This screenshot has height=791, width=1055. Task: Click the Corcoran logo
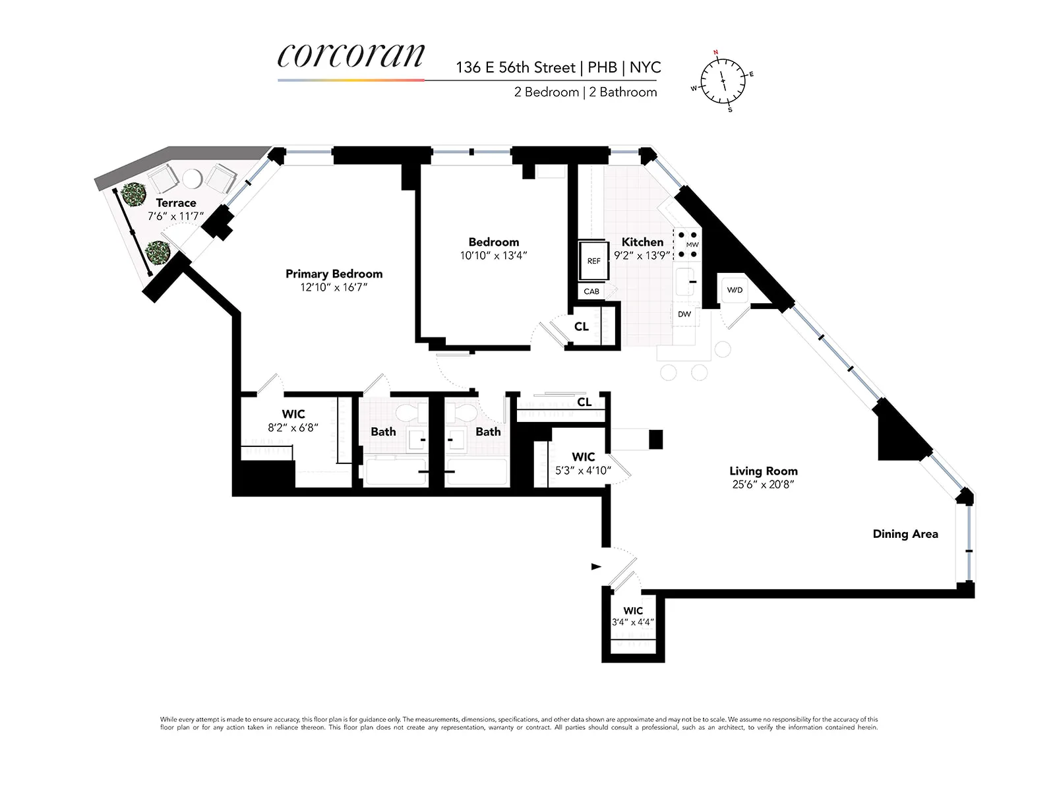point(351,57)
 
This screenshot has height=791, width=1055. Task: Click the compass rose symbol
point(723,80)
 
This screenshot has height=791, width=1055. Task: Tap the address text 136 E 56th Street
point(515,67)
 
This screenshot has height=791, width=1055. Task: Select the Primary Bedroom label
point(334,274)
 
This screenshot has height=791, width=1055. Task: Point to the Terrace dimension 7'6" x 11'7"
point(176,216)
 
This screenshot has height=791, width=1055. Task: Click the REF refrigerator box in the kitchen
point(593,261)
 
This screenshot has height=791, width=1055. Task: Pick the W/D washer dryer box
point(735,290)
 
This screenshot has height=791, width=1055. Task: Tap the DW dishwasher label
point(684,314)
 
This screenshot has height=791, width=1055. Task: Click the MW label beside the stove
point(692,245)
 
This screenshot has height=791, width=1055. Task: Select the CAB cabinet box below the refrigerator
point(591,291)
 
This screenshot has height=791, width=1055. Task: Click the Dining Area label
point(905,534)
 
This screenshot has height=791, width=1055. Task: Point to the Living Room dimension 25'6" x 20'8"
point(763,484)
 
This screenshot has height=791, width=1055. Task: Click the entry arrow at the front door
point(596,566)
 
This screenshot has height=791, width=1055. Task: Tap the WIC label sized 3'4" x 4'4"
point(632,610)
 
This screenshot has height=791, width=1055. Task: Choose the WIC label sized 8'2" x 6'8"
point(293,414)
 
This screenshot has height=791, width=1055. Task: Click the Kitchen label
point(642,242)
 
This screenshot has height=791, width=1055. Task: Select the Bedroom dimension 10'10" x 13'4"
point(493,256)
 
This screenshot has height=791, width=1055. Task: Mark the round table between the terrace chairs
point(192,179)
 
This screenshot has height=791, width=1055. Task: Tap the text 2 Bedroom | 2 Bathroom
point(586,92)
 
